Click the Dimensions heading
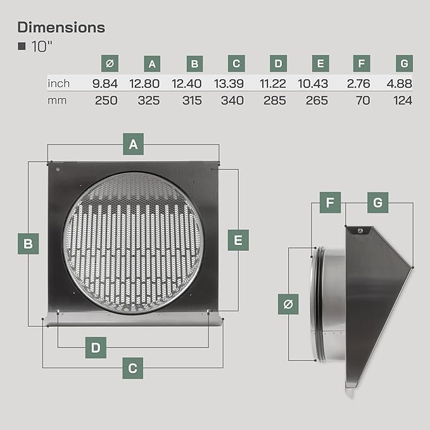tap(61, 27)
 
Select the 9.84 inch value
tap(105, 84)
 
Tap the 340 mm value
tap(232, 100)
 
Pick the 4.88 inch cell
tap(399, 84)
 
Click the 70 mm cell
tap(363, 100)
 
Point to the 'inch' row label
tap(59, 84)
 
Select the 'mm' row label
tap(57, 101)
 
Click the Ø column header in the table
tap(110, 63)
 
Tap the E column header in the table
tap(320, 63)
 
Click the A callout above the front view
tap(133, 144)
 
